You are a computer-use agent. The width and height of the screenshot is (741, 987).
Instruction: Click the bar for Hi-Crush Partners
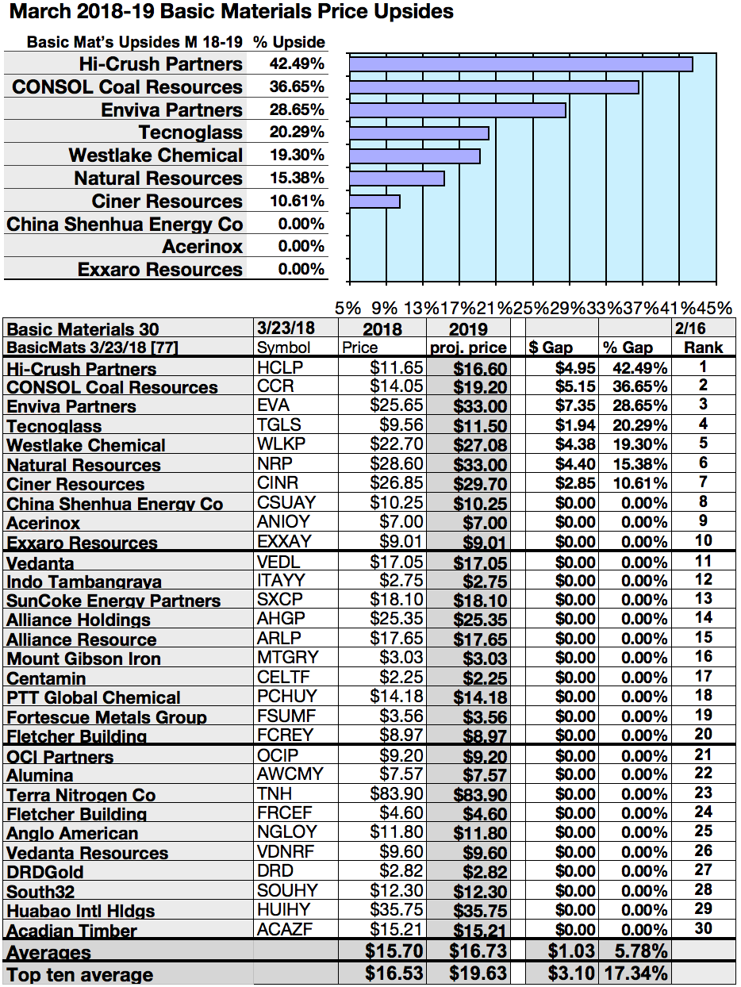520,64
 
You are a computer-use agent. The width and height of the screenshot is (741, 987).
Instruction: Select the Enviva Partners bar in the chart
457,110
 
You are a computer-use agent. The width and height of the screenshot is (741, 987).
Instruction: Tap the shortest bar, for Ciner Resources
374,202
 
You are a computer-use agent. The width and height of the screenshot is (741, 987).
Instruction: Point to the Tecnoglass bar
419,132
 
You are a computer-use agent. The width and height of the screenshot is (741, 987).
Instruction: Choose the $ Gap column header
551,348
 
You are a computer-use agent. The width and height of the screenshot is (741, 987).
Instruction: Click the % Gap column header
627,348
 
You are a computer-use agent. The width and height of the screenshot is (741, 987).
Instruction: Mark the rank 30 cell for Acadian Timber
702,928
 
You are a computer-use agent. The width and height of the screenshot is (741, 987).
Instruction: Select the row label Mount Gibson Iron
83,659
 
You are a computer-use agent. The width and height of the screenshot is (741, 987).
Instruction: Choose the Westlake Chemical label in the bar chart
155,156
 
